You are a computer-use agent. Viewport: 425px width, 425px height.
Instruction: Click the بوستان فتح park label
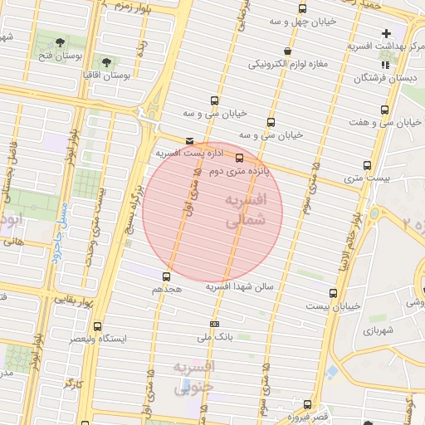59,56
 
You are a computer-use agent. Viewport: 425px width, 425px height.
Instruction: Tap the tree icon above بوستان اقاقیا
106,61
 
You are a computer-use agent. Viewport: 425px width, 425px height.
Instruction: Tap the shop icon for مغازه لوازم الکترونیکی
287,51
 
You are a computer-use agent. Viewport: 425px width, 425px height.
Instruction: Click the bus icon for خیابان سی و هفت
383,110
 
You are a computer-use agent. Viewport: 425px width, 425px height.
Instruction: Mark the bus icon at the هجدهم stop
166,276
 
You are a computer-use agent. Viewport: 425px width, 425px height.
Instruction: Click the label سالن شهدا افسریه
246,286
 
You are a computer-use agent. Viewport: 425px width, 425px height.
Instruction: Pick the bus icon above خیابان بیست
333,293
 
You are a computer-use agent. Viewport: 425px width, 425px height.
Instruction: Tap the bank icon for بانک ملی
215,324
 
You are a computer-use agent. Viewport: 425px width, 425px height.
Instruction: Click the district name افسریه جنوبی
194,376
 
